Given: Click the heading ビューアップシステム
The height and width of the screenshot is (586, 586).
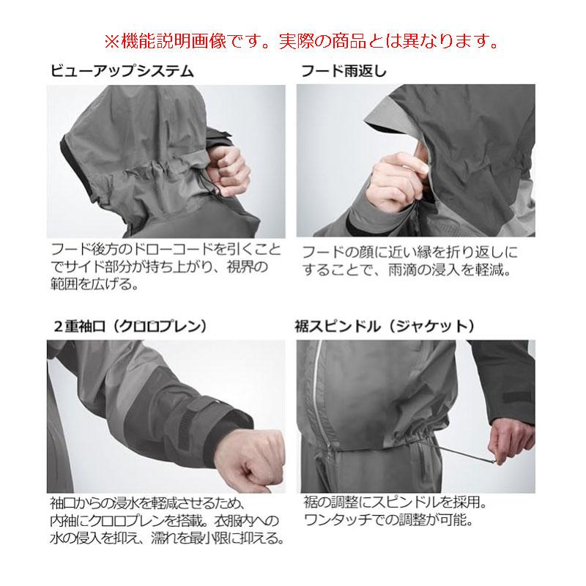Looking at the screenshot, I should pos(121,73).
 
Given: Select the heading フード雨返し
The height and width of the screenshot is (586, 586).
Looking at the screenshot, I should pos(345,73).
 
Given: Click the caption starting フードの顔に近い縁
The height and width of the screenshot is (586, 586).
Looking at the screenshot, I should pos(410,261).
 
